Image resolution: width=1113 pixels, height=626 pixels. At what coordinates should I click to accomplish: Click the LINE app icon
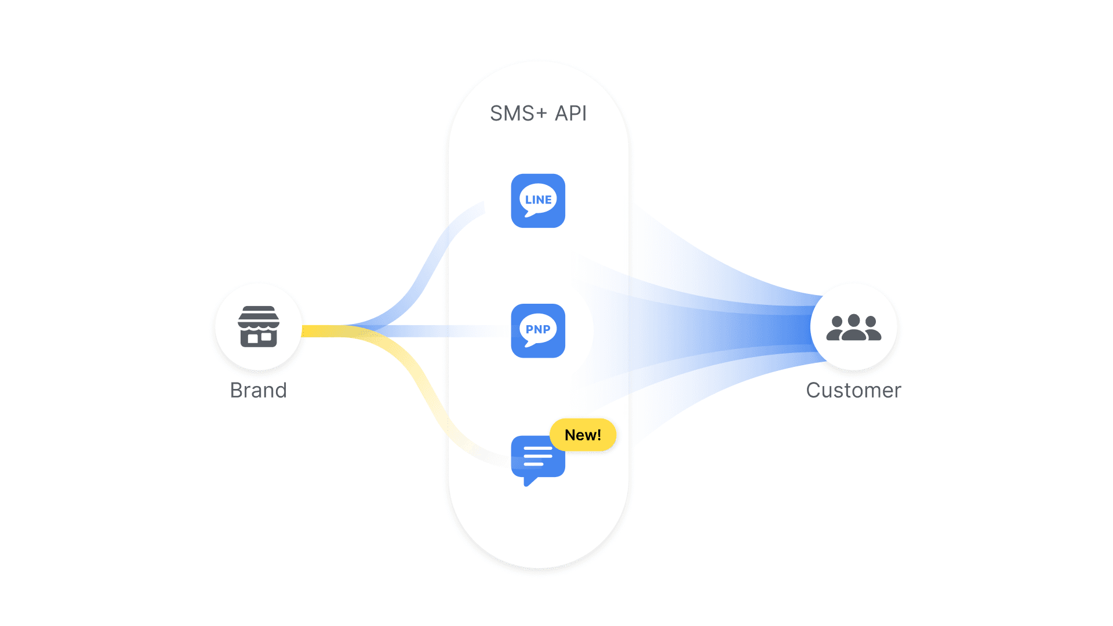[538, 201]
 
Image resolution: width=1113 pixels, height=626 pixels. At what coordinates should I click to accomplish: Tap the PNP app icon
[538, 330]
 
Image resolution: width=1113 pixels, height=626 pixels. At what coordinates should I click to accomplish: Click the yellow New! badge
[583, 435]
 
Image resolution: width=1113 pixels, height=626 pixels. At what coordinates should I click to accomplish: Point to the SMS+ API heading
[538, 113]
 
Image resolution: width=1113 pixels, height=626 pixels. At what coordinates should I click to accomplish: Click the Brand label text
[259, 390]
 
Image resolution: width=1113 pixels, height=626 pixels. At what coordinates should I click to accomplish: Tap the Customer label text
[853, 390]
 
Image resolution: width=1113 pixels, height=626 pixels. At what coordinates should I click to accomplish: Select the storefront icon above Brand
[259, 326]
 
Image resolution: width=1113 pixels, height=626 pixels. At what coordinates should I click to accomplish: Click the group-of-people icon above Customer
[854, 327]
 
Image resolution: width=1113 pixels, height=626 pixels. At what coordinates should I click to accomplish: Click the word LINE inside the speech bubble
[539, 200]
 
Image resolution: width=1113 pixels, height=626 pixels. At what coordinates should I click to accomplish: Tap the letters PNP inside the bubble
[538, 329]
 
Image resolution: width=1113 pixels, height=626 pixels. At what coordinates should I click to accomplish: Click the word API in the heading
[571, 113]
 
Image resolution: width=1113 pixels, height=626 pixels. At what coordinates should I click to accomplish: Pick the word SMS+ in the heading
[518, 113]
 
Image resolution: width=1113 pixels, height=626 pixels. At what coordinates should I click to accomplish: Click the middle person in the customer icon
[854, 327]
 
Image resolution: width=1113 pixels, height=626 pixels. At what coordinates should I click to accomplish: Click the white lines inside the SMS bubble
[538, 456]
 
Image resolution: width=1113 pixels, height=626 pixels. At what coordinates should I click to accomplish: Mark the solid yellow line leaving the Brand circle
[322, 331]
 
